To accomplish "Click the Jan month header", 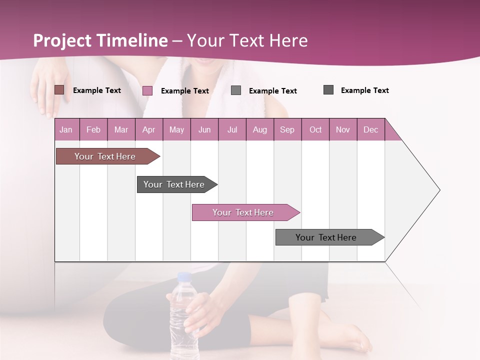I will pos(66,129).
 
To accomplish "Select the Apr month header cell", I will pos(148,129).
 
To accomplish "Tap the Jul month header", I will pos(232,129).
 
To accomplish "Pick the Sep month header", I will pos(287,129).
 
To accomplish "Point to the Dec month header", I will pos(370,129).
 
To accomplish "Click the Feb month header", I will pos(93,129).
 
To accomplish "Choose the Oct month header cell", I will pos(315,129).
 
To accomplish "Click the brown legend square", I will pos(59,90).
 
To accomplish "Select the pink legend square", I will pos(147,90).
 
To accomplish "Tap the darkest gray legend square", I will pos(328,90).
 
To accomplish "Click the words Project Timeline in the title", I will pos(100,40).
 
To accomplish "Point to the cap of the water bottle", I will pos(185,276).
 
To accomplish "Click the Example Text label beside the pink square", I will pos(184,91).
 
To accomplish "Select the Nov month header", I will pos(343,129).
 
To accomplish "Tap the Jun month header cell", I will pos(204,129).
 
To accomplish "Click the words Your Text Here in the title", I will pos(247,40).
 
